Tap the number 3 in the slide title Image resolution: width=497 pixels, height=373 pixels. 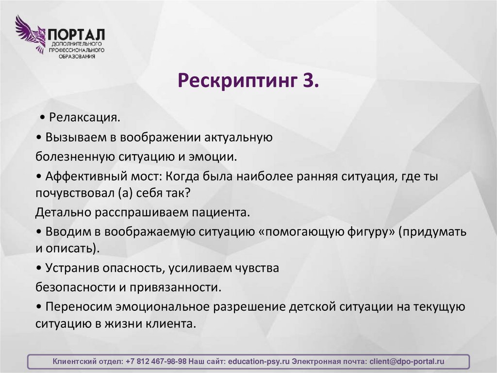(312, 79)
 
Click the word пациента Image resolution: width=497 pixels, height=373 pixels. (221, 212)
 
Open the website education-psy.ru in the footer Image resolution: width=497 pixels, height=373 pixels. (258, 362)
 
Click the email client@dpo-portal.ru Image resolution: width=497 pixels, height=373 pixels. (407, 362)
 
